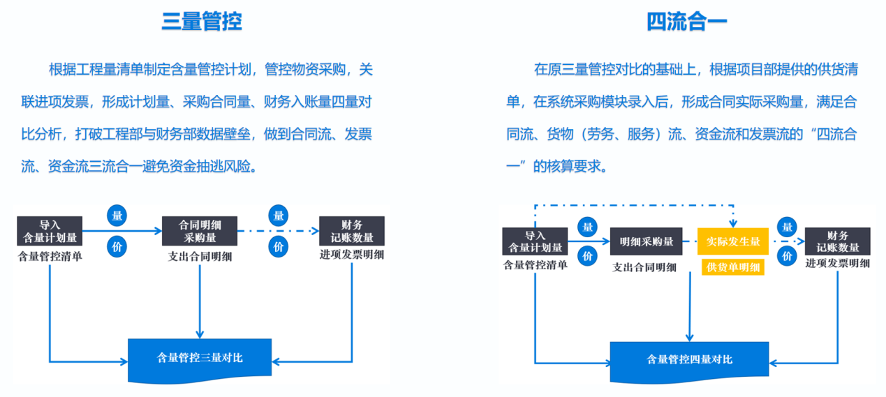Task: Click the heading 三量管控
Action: pos(202,22)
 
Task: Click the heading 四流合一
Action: pos(687,22)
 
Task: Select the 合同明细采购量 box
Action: pos(200,231)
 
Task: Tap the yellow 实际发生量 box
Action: pos(732,241)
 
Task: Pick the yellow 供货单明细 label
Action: pos(732,267)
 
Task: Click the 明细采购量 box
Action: pos(647,241)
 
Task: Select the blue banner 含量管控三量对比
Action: pos(200,359)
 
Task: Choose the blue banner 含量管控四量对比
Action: pos(689,360)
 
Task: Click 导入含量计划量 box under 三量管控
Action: pos(50,231)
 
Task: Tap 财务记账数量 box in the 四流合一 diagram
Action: pos(838,241)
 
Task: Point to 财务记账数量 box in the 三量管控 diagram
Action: pos(352,231)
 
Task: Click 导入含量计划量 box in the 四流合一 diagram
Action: pos(535,241)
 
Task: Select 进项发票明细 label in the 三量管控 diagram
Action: pos(352,255)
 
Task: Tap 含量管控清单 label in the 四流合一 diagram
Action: pos(535,265)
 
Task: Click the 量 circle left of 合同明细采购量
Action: pos(117,216)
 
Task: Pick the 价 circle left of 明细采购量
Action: pos(588,256)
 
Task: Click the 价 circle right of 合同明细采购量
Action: pos(279,246)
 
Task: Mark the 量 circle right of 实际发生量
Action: pos(788,227)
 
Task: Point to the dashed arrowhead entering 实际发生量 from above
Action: pos(732,223)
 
